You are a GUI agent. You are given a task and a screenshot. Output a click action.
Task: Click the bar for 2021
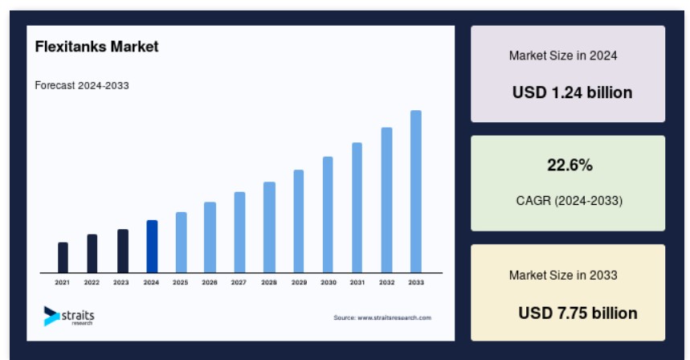coord(63,257)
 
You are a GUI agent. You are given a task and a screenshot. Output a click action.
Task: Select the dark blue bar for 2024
coord(152,247)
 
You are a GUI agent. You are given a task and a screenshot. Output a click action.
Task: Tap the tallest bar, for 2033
coord(416,191)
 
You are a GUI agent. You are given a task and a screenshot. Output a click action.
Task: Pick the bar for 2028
coord(269,227)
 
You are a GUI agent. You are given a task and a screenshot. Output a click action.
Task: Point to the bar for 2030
coord(328,215)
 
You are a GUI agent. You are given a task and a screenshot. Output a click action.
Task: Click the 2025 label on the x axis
coord(181,283)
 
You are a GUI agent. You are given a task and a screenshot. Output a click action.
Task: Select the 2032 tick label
coord(387,283)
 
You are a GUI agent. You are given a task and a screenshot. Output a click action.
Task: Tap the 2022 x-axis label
coord(92,283)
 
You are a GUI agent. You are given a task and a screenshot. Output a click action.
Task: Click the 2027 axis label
coord(239,283)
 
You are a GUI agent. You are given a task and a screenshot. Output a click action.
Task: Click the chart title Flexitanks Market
coord(97,47)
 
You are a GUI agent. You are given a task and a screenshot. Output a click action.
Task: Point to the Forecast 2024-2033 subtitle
coord(82,85)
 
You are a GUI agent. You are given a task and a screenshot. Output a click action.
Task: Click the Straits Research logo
coord(69,316)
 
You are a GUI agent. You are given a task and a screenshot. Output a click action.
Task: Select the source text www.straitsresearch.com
coord(394,317)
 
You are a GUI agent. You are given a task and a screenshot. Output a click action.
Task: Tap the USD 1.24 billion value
coord(572,92)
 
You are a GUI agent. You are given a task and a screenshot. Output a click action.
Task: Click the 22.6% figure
coord(570,165)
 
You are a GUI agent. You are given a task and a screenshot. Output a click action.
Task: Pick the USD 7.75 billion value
coord(578,313)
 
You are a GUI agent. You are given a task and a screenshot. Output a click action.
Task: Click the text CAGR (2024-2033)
coord(570,201)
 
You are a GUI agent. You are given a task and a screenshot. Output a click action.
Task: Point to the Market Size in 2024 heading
coord(563,55)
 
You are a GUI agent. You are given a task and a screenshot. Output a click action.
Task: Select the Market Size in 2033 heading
coord(563,275)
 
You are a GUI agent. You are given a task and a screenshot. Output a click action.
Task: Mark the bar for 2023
coord(123,251)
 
